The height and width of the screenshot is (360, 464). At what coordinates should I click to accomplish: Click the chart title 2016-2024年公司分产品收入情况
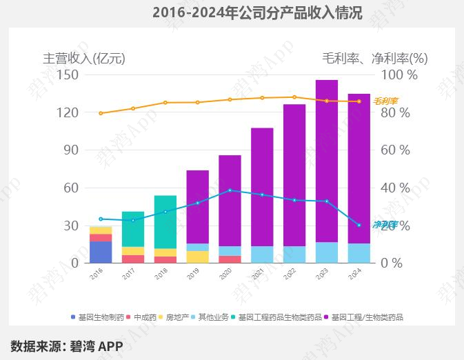pyautogui.click(x=256, y=12)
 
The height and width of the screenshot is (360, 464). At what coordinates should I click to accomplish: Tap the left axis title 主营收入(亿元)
pyautogui.click(x=84, y=58)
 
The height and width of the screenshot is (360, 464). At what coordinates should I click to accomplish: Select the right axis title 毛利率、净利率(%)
pyautogui.click(x=374, y=58)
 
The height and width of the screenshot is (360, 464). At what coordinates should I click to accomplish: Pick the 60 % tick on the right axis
pyautogui.click(x=395, y=150)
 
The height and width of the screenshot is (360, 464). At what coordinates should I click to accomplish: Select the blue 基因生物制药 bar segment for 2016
pyautogui.click(x=101, y=252)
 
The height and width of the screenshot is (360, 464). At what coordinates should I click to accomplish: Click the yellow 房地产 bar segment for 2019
pyautogui.click(x=197, y=257)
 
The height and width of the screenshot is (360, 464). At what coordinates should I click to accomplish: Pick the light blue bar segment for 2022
pyautogui.click(x=294, y=254)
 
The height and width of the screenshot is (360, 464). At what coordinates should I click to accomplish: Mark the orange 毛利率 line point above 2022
pyautogui.click(x=294, y=97)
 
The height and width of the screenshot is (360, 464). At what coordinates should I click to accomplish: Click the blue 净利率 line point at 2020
pyautogui.click(x=230, y=190)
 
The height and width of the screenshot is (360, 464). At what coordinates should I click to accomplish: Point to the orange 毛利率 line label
pyautogui.click(x=385, y=101)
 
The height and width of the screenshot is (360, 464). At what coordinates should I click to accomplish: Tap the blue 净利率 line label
pyautogui.click(x=385, y=225)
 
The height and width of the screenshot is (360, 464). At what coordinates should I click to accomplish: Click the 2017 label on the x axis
pyautogui.click(x=129, y=274)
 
